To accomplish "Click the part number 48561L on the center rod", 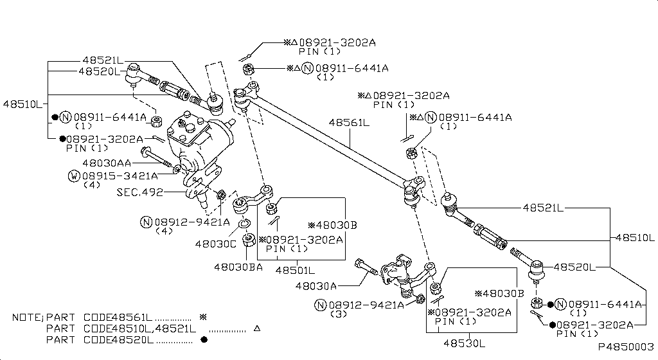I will [x=349, y=122].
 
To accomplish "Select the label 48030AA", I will [x=107, y=163].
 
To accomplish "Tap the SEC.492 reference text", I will [x=139, y=192].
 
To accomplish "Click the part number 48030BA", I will [x=238, y=266].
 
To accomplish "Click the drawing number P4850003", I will [x=626, y=346].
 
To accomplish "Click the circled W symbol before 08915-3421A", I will [x=75, y=175].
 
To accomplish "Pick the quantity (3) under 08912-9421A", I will [x=339, y=314].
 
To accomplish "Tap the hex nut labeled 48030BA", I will [x=249, y=243].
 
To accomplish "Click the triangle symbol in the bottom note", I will [x=256, y=328].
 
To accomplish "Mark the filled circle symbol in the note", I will [x=204, y=339].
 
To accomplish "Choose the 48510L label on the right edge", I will [x=636, y=237].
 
